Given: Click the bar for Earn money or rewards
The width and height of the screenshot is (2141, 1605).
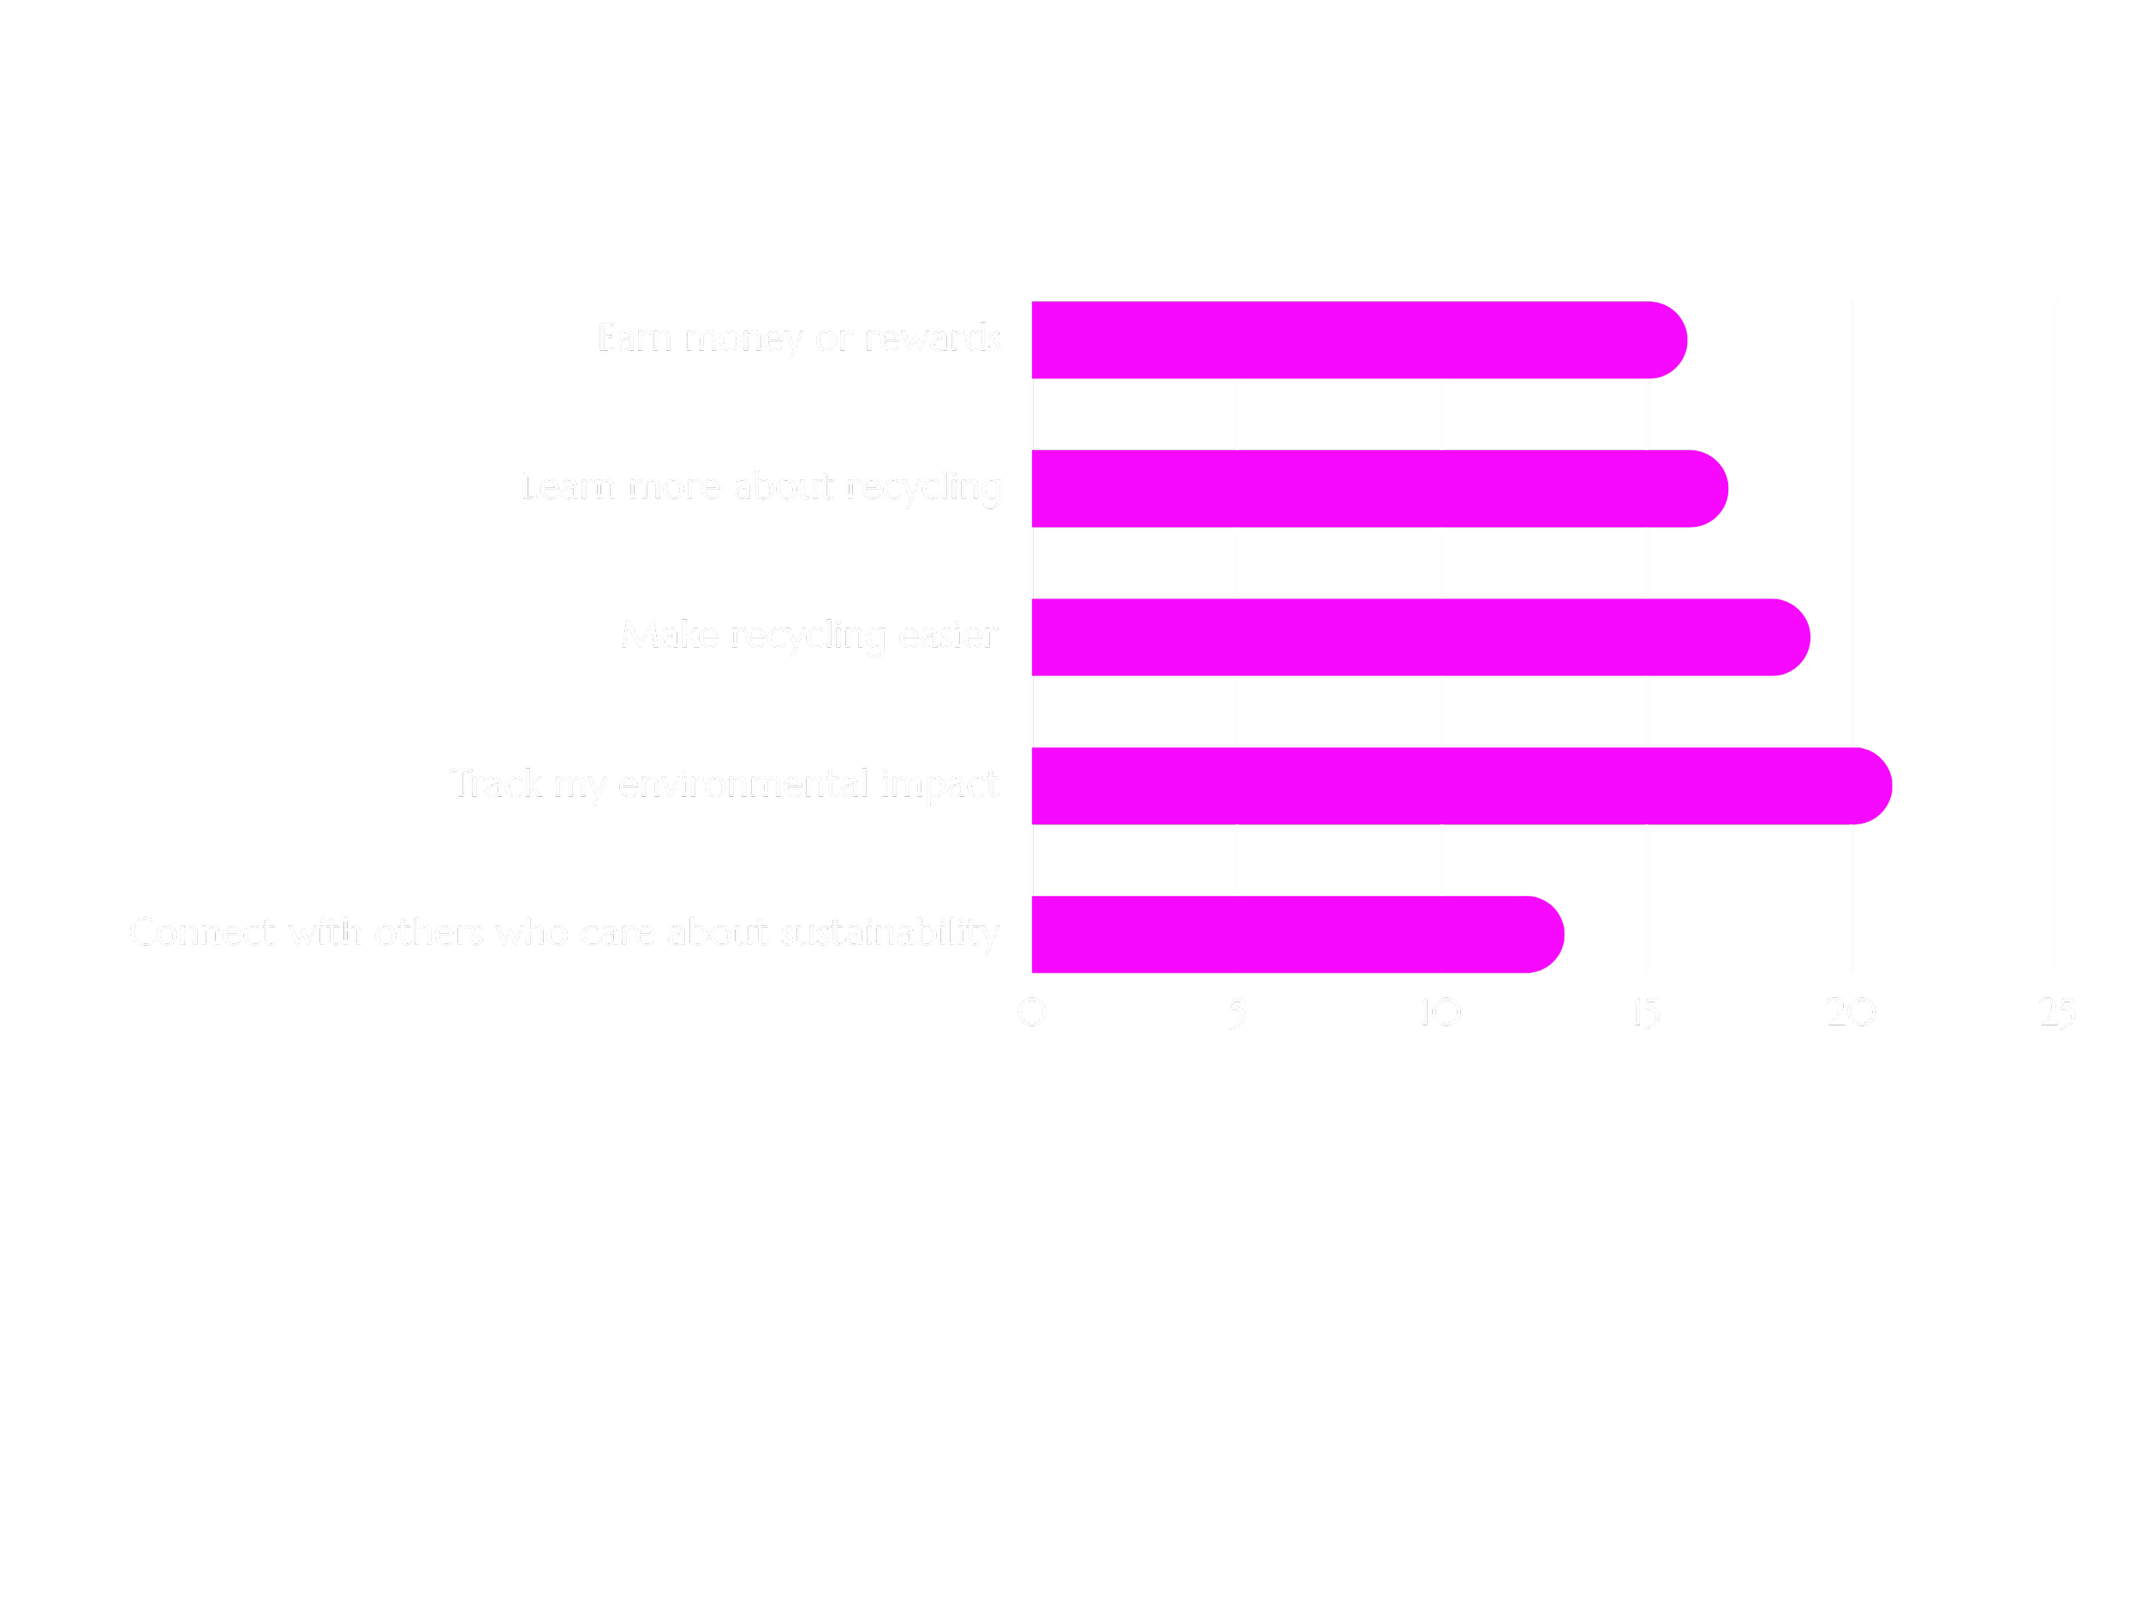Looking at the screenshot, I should pos(1355,341).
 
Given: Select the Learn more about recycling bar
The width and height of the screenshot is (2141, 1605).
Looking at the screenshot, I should pos(1375,489).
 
